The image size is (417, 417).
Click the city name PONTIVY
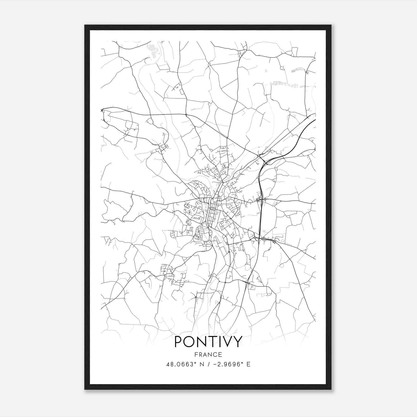pos(208,342)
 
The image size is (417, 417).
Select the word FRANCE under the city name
pos(208,354)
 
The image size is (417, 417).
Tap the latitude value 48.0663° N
pos(184,364)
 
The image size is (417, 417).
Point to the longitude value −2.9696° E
pos(230,364)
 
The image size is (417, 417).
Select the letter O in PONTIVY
pos(190,342)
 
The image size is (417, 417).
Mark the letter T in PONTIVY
pos(212,342)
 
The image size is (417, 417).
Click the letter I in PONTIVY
pos(219,342)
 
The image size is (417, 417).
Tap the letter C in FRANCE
pos(216,354)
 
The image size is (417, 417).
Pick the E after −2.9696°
pos(248,364)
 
